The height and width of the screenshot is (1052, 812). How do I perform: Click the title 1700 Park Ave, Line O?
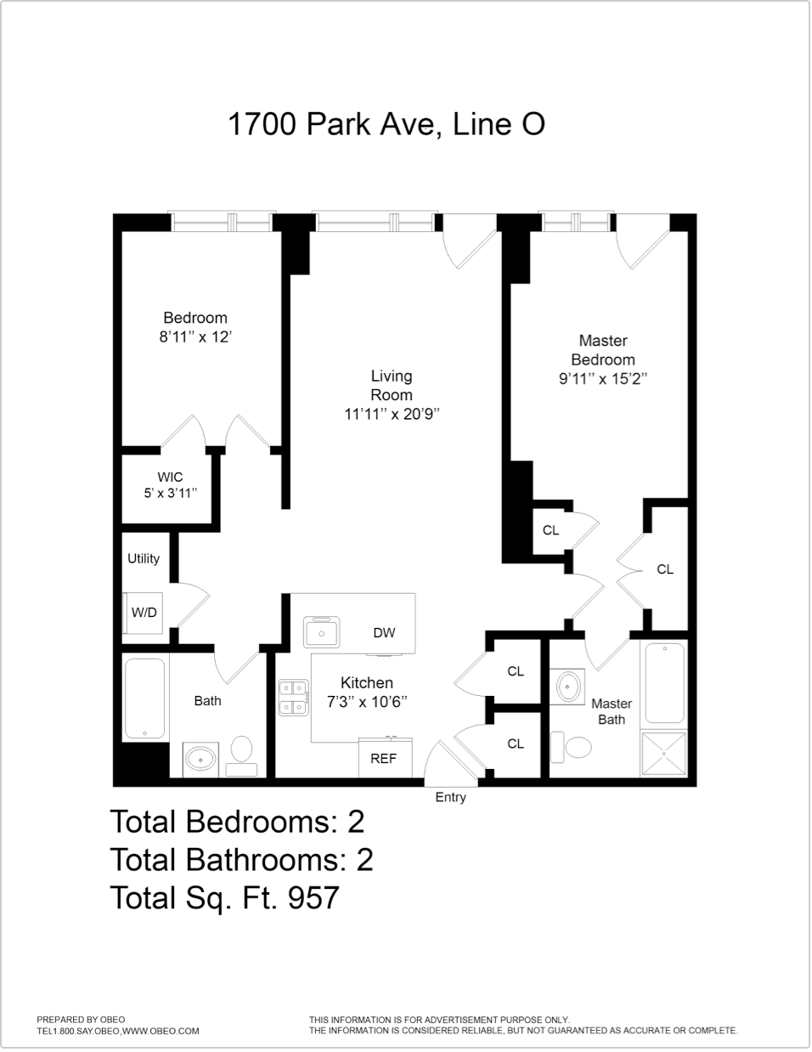(x=386, y=124)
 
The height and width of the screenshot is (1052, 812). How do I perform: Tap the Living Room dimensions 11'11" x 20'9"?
(x=392, y=415)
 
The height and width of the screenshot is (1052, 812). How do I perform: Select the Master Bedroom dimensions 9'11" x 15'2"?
(x=603, y=379)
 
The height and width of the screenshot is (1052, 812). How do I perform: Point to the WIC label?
(x=170, y=478)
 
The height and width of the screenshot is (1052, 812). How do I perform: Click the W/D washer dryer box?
(x=144, y=613)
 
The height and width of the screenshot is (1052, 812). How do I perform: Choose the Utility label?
(x=144, y=558)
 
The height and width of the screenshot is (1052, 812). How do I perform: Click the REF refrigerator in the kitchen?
(x=383, y=758)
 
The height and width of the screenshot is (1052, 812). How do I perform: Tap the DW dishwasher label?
(x=384, y=633)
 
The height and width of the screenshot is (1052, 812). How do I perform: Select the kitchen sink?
(x=322, y=632)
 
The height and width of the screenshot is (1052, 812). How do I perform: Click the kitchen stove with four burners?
(x=294, y=696)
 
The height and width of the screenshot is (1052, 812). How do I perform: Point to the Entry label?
(x=450, y=797)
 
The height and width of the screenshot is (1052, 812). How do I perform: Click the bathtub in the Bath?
(x=145, y=699)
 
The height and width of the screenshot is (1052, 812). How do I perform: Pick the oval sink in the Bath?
(x=201, y=757)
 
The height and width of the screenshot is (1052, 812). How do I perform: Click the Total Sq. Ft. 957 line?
(x=225, y=897)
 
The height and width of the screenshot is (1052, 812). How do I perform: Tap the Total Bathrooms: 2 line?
(x=241, y=860)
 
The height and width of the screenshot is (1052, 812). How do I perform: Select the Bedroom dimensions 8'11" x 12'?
(x=195, y=337)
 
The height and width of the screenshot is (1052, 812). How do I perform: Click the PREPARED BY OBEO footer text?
(x=81, y=1020)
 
